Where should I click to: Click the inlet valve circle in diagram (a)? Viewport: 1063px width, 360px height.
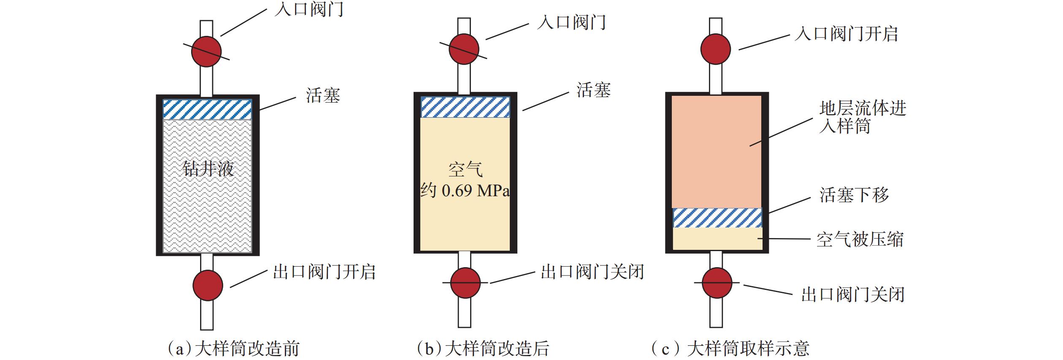206,51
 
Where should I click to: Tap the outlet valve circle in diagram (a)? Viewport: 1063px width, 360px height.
208,286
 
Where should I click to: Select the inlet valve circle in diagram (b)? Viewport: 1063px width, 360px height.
464,49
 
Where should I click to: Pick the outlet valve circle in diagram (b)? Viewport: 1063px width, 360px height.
465,283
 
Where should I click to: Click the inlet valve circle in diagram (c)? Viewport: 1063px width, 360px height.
715,49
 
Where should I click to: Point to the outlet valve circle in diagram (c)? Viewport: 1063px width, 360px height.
717,283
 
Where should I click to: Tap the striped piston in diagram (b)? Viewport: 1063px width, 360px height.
465,107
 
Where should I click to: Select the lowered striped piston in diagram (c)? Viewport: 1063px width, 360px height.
717,218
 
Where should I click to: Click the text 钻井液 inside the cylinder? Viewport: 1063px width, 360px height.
208,169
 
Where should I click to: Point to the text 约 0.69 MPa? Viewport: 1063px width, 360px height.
465,191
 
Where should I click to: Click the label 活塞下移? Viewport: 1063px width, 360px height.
854,195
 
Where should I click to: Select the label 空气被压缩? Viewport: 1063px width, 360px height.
860,240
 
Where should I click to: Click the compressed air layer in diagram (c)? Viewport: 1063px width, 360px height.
717,239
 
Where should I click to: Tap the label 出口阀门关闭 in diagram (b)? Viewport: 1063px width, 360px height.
592,272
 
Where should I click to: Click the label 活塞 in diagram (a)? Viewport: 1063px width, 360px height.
323,96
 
